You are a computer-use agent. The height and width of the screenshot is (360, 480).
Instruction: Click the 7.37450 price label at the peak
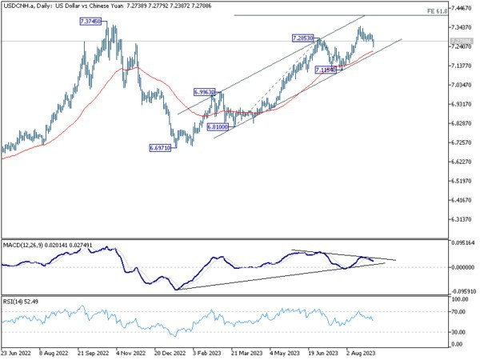point(90,22)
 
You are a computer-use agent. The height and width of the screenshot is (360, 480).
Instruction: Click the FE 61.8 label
point(460,12)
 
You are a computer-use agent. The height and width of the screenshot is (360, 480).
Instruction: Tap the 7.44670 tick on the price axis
point(460,8)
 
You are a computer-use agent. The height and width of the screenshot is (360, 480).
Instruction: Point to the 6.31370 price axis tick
point(460,219)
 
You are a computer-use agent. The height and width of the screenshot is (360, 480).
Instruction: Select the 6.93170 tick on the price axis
point(460,104)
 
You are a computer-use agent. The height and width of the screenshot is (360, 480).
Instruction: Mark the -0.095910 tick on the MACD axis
point(462,292)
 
